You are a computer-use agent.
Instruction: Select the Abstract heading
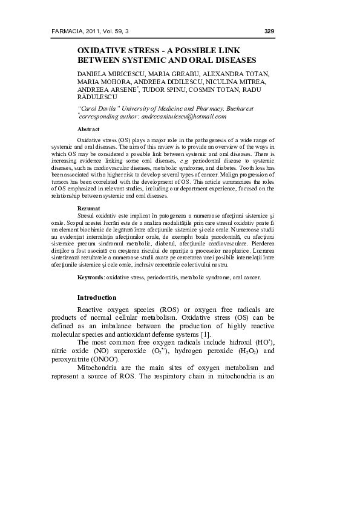coord(88,129)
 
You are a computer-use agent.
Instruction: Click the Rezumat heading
coord(88,208)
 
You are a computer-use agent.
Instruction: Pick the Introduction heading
coord(97,297)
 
